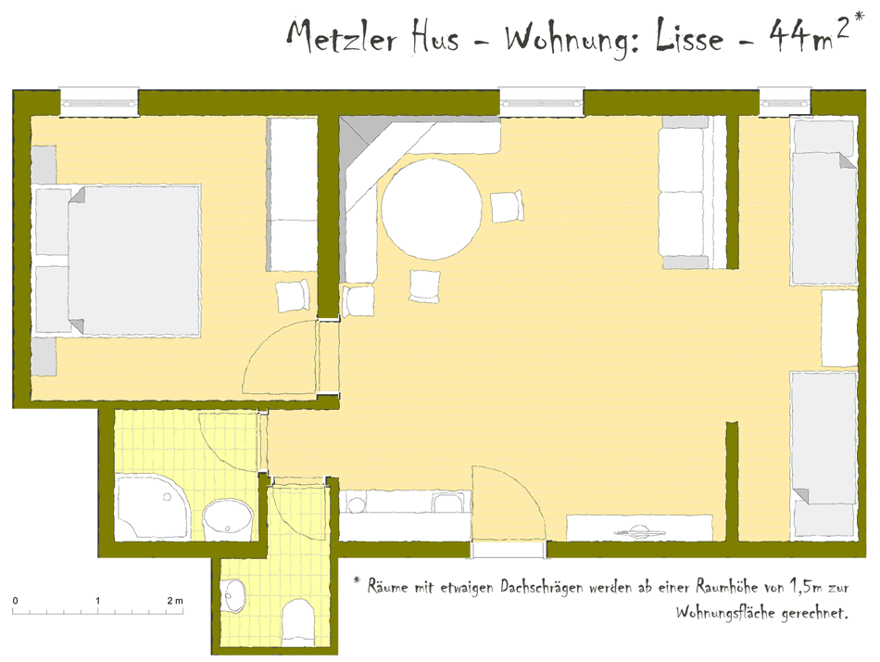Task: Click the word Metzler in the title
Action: (x=343, y=36)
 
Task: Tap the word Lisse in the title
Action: (x=689, y=35)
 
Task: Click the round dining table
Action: (x=432, y=210)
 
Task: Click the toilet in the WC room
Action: (x=297, y=621)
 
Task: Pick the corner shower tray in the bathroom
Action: (x=153, y=507)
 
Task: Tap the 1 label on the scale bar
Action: (x=97, y=601)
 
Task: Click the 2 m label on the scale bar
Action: (x=174, y=601)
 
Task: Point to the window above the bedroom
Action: (x=99, y=102)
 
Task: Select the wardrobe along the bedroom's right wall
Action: (x=293, y=194)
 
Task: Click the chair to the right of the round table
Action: (x=507, y=206)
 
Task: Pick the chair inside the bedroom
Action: (x=293, y=296)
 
